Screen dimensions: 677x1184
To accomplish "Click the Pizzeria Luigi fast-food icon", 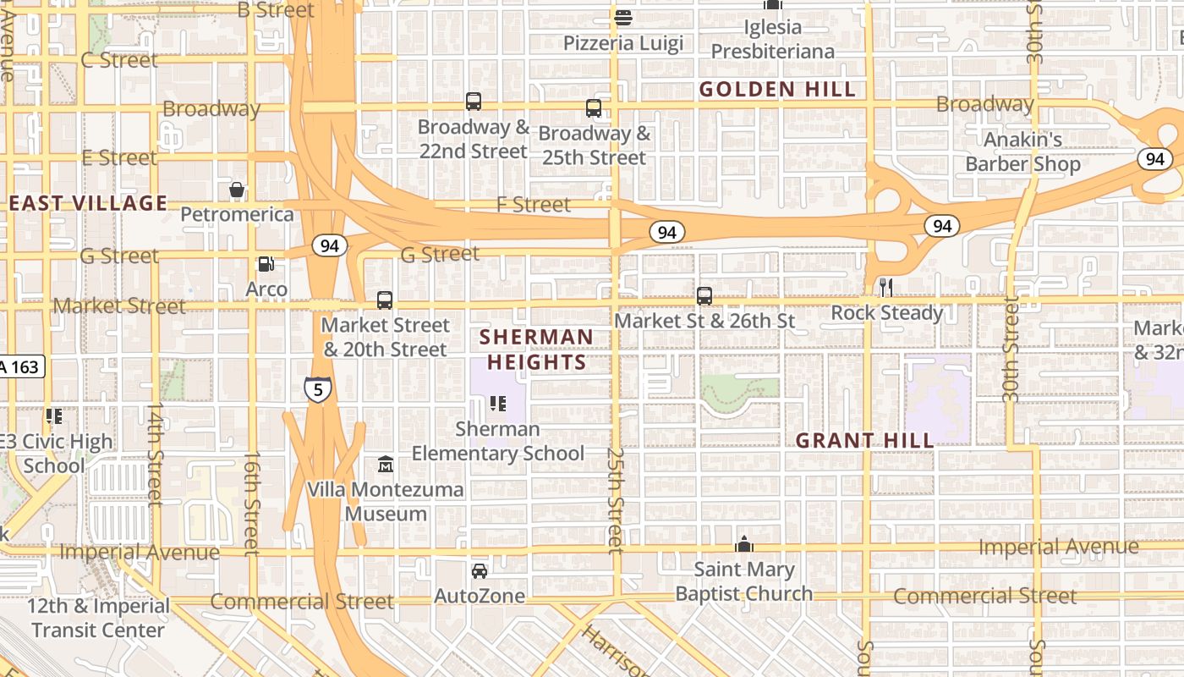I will coord(623,17).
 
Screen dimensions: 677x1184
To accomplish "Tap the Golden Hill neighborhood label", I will coord(777,90).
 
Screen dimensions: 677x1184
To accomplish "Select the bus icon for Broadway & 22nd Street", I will coord(474,102).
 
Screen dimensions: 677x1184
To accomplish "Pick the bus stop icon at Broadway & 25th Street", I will coord(594,108).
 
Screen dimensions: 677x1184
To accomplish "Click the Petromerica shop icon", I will coord(237,190).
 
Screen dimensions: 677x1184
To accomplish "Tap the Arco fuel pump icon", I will coord(266,264).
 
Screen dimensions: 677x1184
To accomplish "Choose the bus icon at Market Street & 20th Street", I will coord(385,300).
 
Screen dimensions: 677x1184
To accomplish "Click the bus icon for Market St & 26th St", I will coord(704,296).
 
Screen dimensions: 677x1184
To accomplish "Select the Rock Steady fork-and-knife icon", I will coord(885,288).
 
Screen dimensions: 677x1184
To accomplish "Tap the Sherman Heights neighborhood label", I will coord(536,350).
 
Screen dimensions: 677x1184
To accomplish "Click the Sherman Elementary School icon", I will coord(498,404).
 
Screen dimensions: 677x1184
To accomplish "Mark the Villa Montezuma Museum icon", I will coord(386,465).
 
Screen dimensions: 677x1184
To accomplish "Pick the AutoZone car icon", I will coord(480,571).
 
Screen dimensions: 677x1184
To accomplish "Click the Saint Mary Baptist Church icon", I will coord(744,544).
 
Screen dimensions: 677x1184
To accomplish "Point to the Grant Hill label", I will coord(865,440).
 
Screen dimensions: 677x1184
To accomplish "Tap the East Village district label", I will coord(88,203).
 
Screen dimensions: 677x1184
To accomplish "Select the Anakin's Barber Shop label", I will coord(1022,151).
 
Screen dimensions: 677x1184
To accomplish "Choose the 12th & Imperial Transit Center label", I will coord(98,618).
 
